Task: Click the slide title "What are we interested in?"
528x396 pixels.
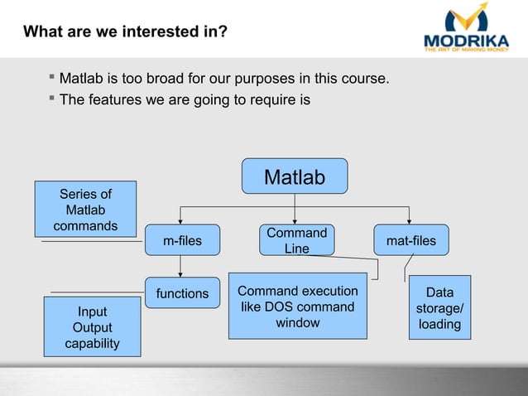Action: (127, 32)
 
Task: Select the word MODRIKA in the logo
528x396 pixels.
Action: (466, 41)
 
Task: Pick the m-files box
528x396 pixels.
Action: (182, 241)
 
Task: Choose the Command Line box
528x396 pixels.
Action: (296, 240)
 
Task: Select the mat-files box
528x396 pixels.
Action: (411, 241)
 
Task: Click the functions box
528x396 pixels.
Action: (182, 293)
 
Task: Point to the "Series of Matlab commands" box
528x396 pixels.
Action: (85, 210)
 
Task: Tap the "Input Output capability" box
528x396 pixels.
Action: (93, 326)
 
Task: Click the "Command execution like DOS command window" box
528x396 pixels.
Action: (297, 307)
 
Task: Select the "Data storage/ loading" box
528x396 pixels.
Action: (439, 308)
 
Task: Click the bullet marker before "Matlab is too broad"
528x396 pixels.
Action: (51, 79)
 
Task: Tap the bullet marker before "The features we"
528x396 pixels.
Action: (51, 100)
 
